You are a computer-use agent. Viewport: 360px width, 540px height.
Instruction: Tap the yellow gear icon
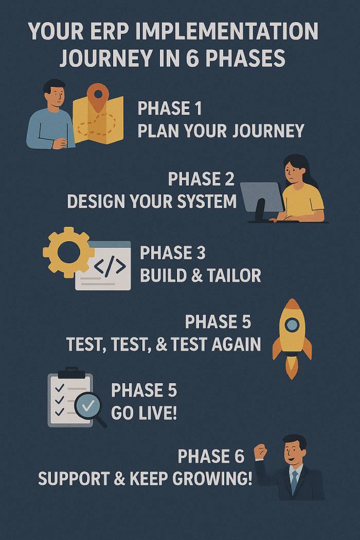click(x=68, y=252)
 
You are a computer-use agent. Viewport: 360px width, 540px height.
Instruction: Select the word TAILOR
click(x=234, y=276)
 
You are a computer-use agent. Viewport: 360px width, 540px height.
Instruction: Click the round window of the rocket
click(x=292, y=325)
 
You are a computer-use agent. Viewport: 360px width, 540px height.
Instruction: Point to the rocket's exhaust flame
click(x=292, y=368)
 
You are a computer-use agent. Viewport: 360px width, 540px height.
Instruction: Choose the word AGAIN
click(x=237, y=344)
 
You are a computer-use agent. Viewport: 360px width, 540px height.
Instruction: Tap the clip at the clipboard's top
click(x=71, y=373)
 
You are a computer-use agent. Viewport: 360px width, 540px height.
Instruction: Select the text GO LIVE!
click(x=144, y=412)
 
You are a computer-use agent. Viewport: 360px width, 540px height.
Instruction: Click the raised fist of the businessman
click(x=260, y=452)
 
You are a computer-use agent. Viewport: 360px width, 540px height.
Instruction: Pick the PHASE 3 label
click(x=173, y=253)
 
